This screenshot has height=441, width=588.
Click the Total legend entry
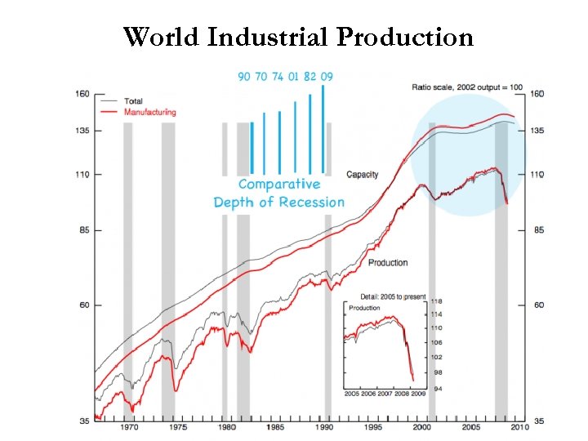[133, 101]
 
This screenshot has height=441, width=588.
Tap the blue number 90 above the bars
[244, 77]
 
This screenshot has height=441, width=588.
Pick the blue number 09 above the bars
[326, 77]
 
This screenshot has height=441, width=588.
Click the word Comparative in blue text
[278, 185]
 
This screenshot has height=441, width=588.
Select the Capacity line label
[362, 175]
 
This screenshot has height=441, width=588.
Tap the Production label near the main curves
[387, 263]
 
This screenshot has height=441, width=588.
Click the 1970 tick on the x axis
[128, 427]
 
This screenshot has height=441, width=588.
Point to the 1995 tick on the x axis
[373, 427]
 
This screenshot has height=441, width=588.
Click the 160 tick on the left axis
[82, 93]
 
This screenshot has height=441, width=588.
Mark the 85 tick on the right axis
[538, 230]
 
